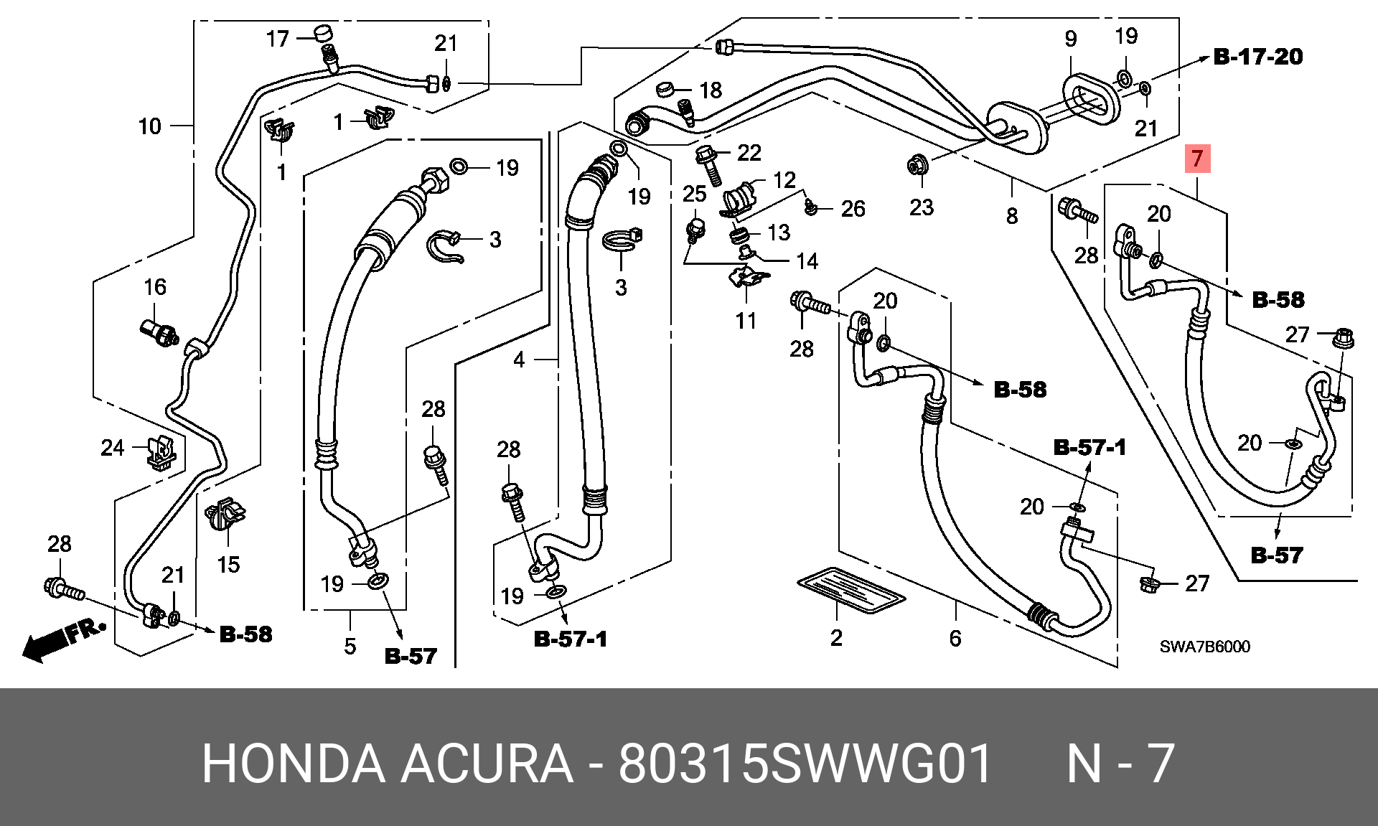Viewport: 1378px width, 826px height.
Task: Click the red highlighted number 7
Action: tap(1197, 159)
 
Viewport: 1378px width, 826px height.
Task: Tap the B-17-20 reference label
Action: tap(1258, 57)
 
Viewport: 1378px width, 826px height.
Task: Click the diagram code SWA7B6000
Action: tap(1205, 647)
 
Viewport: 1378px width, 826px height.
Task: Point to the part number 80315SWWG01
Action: tap(805, 764)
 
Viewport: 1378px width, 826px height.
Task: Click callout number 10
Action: tap(149, 126)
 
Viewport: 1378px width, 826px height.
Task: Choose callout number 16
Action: tap(155, 287)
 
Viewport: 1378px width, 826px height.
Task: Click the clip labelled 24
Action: tap(161, 453)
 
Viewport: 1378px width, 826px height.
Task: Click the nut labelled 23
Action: tap(917, 166)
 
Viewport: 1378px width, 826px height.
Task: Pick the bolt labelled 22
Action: tap(708, 164)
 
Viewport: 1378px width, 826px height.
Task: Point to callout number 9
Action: tap(1071, 39)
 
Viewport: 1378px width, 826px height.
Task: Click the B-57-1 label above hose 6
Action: tap(1089, 448)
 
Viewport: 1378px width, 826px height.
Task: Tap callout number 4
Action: tap(519, 360)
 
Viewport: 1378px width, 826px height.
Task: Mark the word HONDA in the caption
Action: tap(294, 764)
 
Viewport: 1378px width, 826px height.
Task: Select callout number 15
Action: tap(228, 565)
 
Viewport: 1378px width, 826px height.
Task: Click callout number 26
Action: tap(853, 209)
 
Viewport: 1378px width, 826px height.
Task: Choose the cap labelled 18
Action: tap(665, 89)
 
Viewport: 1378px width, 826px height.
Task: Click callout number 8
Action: tap(1012, 215)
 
